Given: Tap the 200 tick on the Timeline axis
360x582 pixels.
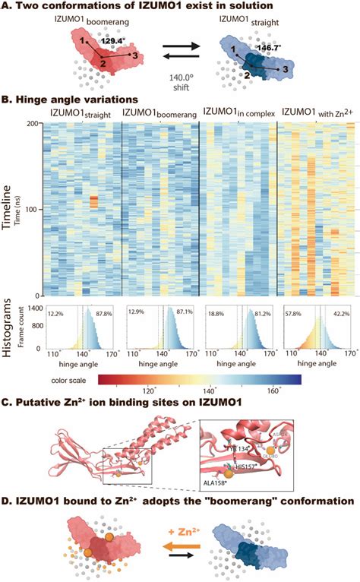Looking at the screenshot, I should coord(35,123).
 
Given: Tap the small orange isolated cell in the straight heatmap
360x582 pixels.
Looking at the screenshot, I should coord(93,201).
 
